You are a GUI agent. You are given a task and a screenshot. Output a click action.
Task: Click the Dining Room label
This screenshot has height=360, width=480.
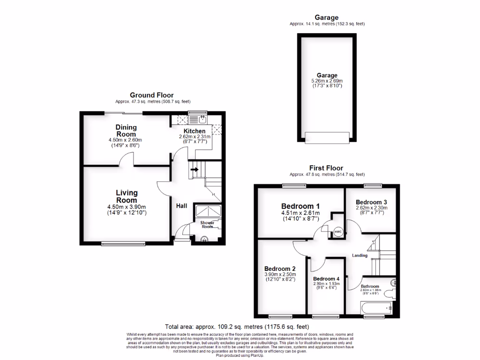(x=126, y=130)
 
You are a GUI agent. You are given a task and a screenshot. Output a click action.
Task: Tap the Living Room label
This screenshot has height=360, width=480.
(x=127, y=196)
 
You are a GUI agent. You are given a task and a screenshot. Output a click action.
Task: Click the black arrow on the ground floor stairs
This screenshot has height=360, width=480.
(x=195, y=169)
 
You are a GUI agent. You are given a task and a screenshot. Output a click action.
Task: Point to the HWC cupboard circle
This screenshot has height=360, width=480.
(x=338, y=232)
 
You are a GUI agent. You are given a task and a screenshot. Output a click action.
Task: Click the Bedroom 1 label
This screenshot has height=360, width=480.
(x=300, y=206)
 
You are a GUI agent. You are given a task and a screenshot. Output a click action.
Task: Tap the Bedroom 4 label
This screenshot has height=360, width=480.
(x=327, y=278)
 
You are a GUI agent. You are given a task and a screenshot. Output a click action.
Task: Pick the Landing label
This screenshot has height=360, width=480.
(x=360, y=255)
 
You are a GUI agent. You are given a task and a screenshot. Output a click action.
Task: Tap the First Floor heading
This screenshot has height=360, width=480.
(x=326, y=168)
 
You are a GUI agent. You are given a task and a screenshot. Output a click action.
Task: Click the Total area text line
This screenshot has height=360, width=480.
(x=237, y=327)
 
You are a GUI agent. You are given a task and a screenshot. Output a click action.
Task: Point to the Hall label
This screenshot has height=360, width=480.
(x=182, y=206)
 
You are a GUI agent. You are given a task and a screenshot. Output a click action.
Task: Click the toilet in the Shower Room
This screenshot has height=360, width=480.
(x=203, y=240)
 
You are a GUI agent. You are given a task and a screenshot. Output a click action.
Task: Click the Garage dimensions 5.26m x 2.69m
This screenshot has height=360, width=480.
(x=327, y=81)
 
